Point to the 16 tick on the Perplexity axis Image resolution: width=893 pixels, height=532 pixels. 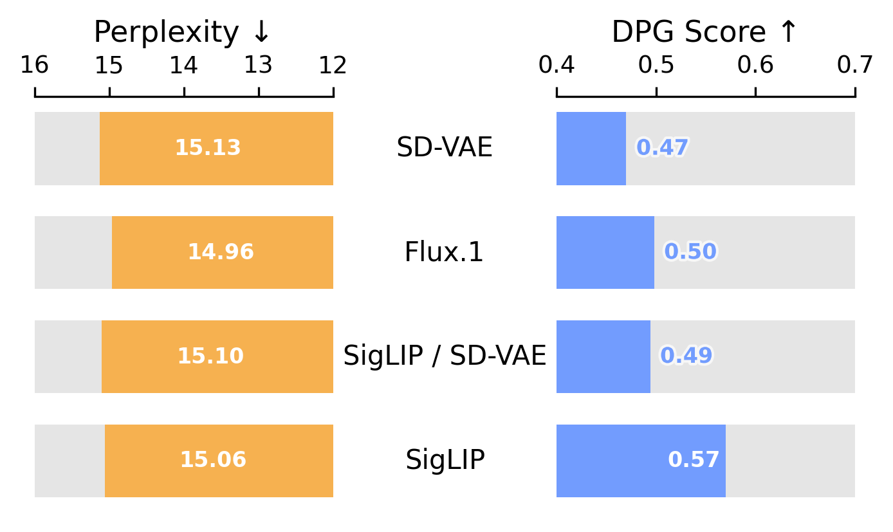coord(35,66)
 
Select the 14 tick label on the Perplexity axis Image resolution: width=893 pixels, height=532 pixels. coord(184,66)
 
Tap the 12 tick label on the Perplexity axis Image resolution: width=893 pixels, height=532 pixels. coord(333,66)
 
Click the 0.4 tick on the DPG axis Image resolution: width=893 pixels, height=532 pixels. coord(557,66)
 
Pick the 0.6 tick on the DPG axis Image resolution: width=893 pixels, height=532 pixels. coord(755,66)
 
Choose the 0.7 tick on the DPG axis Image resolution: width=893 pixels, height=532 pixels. coord(855,66)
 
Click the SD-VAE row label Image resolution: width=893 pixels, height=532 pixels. coord(445,149)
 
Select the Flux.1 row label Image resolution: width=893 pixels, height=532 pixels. coord(445,253)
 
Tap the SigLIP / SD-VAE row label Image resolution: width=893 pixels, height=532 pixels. coord(445,356)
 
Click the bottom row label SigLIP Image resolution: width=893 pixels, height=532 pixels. coord(445,461)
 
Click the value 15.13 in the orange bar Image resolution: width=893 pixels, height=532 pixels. coord(208,149)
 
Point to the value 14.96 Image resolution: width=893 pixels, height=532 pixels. coord(221,253)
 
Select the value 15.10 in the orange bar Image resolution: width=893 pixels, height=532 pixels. coord(210,356)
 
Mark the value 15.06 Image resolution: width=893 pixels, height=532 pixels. coord(213,461)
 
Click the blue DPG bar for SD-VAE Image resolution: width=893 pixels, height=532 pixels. coord(591,149)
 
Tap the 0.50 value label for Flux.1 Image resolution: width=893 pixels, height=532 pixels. coord(690,252)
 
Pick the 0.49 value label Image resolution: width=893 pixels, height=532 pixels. coord(686,356)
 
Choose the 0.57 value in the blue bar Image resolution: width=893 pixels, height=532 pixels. coord(694,461)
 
